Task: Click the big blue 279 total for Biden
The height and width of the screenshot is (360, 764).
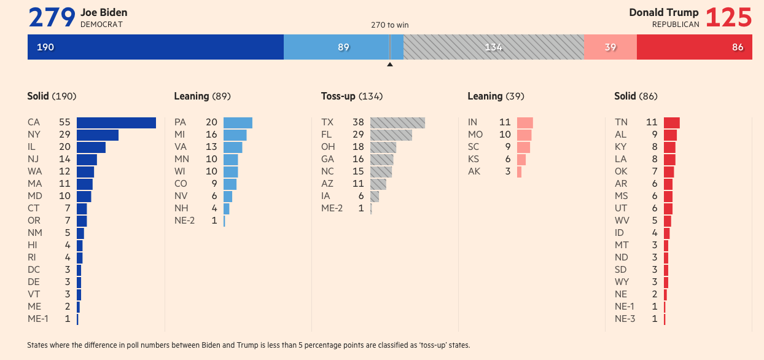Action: [x=52, y=18]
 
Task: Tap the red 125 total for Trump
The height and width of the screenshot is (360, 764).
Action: [x=728, y=18]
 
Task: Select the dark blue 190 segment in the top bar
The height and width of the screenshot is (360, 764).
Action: [x=155, y=47]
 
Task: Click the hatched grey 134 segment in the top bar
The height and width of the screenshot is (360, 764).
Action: [x=494, y=47]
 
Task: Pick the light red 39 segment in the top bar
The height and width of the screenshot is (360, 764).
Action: [x=610, y=47]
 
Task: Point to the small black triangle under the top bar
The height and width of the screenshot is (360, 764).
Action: [x=389, y=64]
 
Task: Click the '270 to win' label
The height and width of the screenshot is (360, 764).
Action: [x=389, y=25]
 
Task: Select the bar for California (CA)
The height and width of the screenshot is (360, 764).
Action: [x=116, y=122]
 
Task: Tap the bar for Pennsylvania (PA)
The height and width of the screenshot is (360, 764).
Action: [x=238, y=122]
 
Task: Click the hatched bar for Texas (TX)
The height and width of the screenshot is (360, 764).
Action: [x=397, y=122]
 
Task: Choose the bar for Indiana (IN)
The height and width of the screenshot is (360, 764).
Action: [x=524, y=122]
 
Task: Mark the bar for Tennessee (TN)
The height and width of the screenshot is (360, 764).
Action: [x=671, y=122]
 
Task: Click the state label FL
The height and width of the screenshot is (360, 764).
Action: [x=327, y=135]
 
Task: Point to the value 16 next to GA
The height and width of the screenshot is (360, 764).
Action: [x=358, y=159]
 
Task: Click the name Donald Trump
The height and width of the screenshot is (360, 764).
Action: [x=663, y=12]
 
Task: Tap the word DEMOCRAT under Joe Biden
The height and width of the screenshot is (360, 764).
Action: [x=101, y=25]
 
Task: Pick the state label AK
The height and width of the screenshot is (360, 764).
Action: [x=474, y=171]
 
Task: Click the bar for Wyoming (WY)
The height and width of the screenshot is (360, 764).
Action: [x=666, y=282]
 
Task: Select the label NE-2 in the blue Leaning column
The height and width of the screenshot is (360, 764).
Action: [x=184, y=221]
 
